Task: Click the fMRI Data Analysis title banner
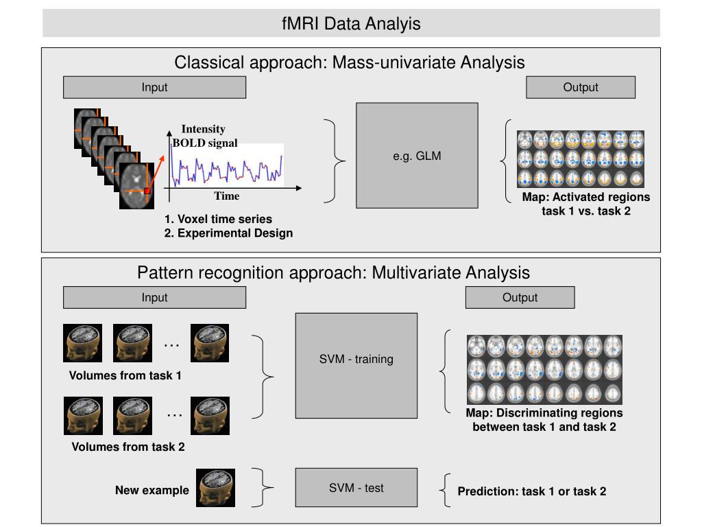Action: [x=351, y=23]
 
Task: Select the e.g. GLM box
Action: [x=417, y=156]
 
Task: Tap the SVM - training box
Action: [x=356, y=366]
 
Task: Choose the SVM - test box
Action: [x=356, y=488]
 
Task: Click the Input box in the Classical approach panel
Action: [x=154, y=87]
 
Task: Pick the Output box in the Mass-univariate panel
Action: [x=581, y=87]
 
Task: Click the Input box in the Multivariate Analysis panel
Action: [x=154, y=298]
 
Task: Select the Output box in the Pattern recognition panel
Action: [x=520, y=298]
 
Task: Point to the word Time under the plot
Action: [x=226, y=196]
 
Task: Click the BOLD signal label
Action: [x=205, y=143]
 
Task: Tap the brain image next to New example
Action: [x=215, y=488]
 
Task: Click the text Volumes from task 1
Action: [x=125, y=375]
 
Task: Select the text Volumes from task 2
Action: [x=128, y=447]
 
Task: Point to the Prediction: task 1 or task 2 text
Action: [x=532, y=491]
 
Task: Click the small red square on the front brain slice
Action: [x=147, y=191]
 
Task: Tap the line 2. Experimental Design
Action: [x=228, y=233]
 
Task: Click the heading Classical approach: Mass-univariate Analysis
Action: [x=349, y=62]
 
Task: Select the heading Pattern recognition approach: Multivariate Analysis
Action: [x=334, y=272]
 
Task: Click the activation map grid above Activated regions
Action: [x=581, y=159]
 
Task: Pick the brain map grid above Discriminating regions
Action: [x=544, y=370]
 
